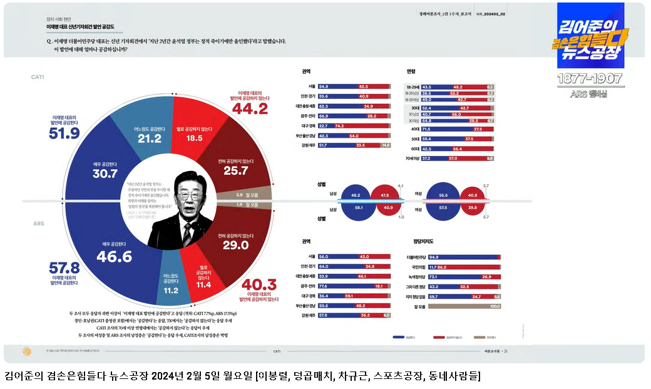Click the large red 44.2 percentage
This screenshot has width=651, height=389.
(250, 108)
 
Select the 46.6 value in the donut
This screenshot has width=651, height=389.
(114, 256)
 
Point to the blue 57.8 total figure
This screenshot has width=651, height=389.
(64, 269)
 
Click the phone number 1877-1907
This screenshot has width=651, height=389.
(590, 78)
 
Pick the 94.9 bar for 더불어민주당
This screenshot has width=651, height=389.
(464, 257)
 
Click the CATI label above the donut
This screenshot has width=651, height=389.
(38, 77)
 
